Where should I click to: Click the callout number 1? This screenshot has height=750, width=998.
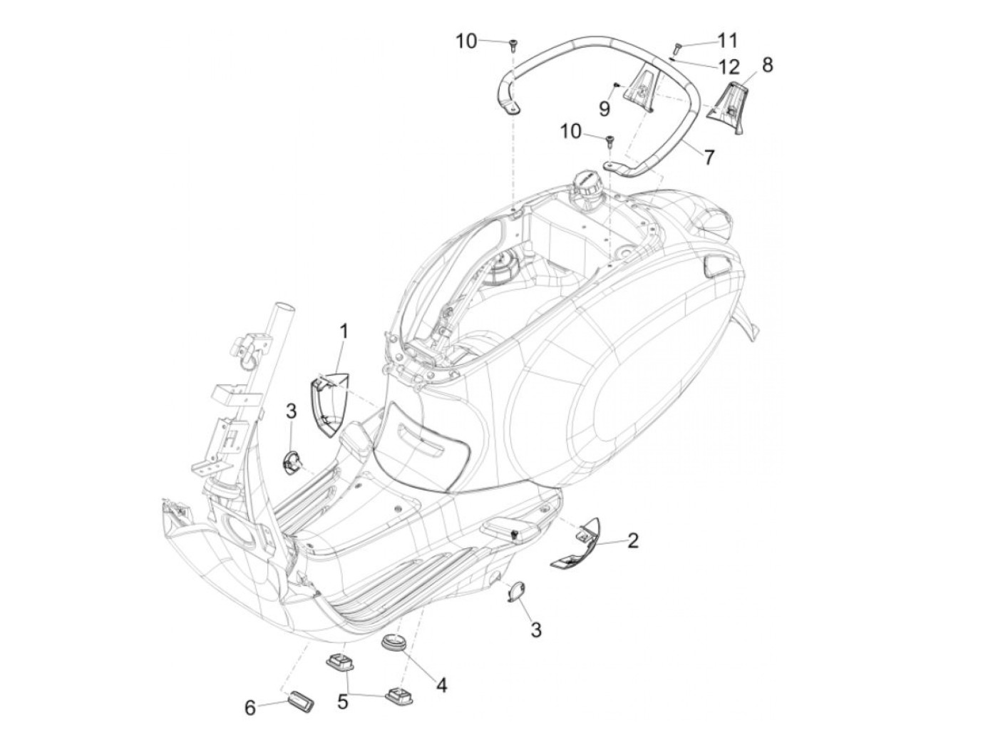tap(344, 332)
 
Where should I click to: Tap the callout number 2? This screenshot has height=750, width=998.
tap(632, 541)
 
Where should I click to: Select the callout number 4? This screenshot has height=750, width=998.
tap(442, 686)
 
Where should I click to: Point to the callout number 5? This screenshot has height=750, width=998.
tap(343, 702)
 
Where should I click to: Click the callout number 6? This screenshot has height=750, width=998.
tap(249, 707)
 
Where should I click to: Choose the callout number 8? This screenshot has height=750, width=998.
tap(767, 65)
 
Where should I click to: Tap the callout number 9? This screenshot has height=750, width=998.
tap(604, 108)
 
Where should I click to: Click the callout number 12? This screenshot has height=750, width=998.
tap(729, 68)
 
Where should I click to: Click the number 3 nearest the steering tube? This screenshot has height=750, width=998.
tap(291, 411)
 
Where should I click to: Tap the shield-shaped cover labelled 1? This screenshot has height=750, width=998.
tap(328, 406)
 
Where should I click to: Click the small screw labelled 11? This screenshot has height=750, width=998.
tap(678, 48)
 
